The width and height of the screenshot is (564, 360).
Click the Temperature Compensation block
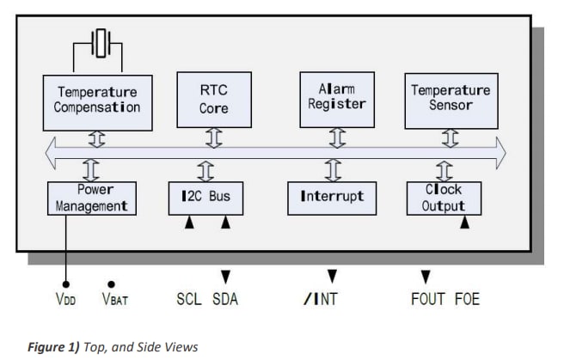(97, 100)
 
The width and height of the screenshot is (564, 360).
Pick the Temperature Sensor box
(451, 98)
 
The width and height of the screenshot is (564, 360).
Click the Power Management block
(91, 198)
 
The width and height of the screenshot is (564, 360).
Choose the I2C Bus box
(205, 197)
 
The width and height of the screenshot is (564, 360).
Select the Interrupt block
(331, 197)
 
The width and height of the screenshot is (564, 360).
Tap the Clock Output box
(444, 198)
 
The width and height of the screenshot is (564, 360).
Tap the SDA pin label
(225, 299)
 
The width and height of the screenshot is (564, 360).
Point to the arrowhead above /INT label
(332, 277)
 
